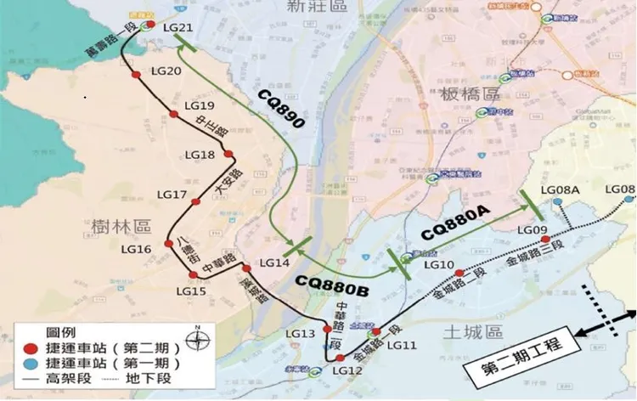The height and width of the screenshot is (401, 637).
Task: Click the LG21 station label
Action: (179, 27)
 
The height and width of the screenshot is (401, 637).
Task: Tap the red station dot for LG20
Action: (136, 75)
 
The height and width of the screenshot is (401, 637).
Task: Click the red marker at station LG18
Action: (228, 154)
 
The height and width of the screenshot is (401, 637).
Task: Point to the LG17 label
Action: (172, 195)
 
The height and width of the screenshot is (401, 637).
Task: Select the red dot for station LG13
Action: (327, 329)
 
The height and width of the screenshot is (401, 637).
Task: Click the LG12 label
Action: (349, 371)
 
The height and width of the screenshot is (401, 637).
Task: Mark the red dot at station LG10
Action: (459, 273)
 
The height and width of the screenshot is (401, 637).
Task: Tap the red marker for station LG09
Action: (545, 239)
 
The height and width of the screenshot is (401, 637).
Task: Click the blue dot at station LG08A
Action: (558, 202)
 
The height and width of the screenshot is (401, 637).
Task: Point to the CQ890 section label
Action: (280, 111)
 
